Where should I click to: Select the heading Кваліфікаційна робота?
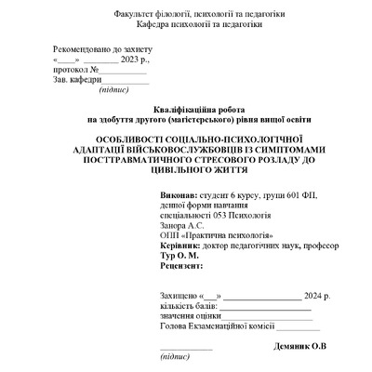click(x=186, y=110)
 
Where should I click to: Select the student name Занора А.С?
click(x=183, y=226)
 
